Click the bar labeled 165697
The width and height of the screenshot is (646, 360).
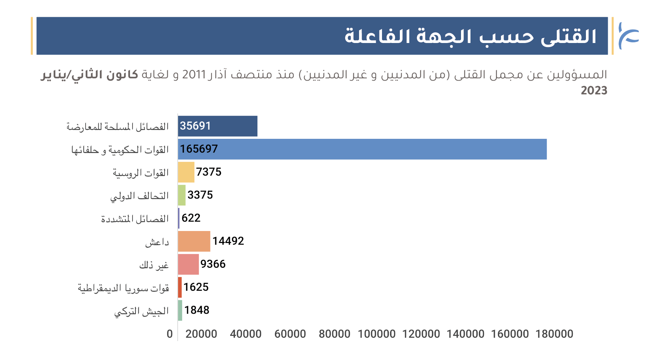pyautogui.click(x=362, y=149)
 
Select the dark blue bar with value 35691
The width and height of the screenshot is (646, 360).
pyautogui.click(x=218, y=126)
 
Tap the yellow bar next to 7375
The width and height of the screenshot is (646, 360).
pyautogui.click(x=186, y=172)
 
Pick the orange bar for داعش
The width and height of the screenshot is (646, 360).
pyautogui.click(x=194, y=241)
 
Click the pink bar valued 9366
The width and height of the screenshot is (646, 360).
pyautogui.click(x=188, y=264)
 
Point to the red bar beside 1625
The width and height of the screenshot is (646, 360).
pyautogui.click(x=180, y=287)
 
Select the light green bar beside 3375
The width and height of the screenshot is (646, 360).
pyautogui.click(x=182, y=195)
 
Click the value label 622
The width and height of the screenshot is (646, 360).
pyautogui.click(x=191, y=218)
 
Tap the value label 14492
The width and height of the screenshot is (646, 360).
pyautogui.click(x=228, y=241)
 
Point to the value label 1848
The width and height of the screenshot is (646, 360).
pyautogui.click(x=197, y=310)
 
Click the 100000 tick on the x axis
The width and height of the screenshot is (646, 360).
pyautogui.click(x=377, y=334)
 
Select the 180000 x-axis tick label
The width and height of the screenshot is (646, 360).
pyautogui.click(x=554, y=334)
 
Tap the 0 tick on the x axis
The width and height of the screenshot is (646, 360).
pyautogui.click(x=170, y=334)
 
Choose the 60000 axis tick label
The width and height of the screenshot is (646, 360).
pyautogui.click(x=290, y=334)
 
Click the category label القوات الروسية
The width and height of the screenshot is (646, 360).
pyautogui.click(x=141, y=172)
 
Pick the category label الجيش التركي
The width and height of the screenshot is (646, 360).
pyautogui.click(x=142, y=311)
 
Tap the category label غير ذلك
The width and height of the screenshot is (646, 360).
pyautogui.click(x=154, y=265)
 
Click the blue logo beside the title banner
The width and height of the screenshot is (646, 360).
pyautogui.click(x=629, y=36)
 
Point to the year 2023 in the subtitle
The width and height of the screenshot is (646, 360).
pyautogui.click(x=594, y=90)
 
